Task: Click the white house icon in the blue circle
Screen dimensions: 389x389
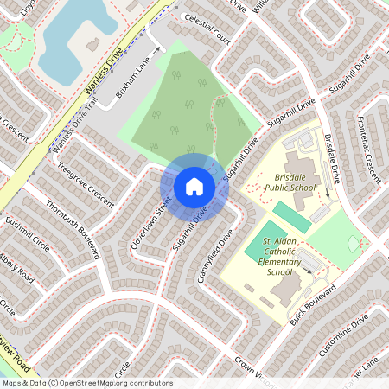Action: [194, 186]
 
